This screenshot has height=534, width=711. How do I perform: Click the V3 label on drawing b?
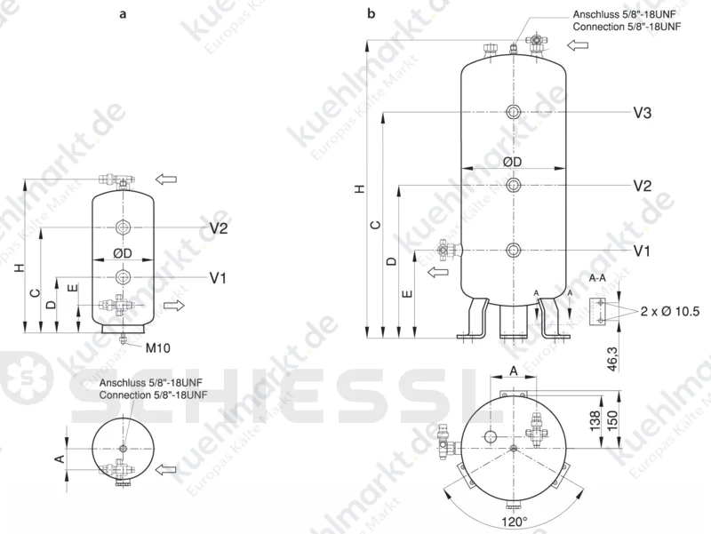[642, 113]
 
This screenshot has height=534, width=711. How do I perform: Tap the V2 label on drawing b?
[642, 186]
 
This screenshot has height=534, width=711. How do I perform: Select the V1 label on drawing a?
[218, 277]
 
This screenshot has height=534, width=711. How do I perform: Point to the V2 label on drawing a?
[219, 228]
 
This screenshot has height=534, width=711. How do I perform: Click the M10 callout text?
[158, 348]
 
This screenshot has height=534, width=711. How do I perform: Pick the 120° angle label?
[515, 522]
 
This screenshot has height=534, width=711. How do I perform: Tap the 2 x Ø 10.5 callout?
[670, 311]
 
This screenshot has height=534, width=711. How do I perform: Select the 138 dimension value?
[595, 420]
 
